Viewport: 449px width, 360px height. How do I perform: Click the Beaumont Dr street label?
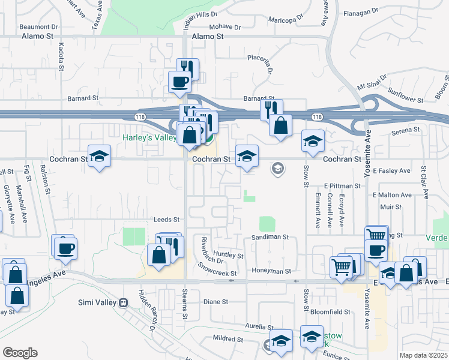(x=38, y=26)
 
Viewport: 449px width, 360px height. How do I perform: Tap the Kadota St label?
(x=61, y=56)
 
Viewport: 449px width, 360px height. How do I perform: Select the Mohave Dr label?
(x=225, y=27)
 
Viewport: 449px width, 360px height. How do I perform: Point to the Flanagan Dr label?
(x=360, y=12)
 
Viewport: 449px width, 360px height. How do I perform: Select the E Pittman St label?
(x=342, y=186)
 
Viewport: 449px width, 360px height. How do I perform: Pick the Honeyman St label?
(x=271, y=271)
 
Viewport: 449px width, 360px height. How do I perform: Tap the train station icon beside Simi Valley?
(x=124, y=302)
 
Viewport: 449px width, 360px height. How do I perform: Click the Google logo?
(x=20, y=352)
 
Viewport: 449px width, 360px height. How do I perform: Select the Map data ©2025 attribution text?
(x=423, y=355)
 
